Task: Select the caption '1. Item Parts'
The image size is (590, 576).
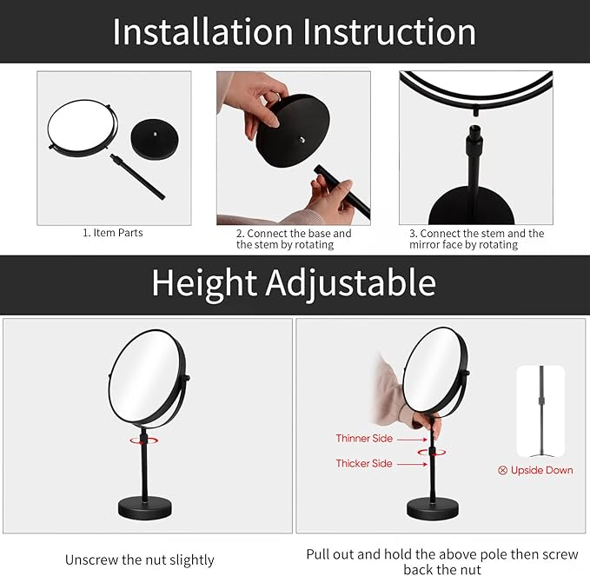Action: click(113, 233)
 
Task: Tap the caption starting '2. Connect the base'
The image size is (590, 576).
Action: click(294, 239)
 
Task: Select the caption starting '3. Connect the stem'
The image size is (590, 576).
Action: click(476, 239)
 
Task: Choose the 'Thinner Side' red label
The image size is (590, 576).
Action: click(365, 438)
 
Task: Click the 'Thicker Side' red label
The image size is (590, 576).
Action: click(364, 464)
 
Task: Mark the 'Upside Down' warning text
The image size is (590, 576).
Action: click(541, 470)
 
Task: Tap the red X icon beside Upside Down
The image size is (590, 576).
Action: click(503, 470)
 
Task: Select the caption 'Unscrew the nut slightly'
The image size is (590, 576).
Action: click(139, 559)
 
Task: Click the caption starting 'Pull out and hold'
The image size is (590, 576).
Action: click(442, 560)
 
